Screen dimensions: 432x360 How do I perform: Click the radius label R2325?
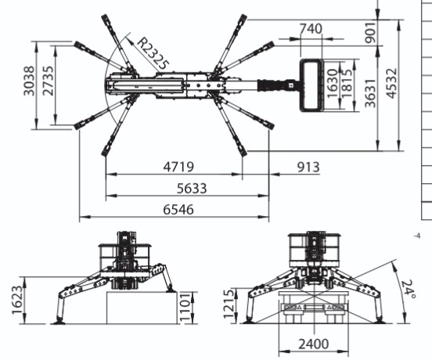click(x=153, y=53)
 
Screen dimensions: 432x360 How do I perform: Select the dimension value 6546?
click(x=178, y=210)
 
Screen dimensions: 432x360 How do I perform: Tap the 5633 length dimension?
click(x=192, y=189)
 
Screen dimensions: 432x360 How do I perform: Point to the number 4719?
click(x=178, y=167)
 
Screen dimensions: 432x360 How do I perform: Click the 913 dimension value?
click(x=308, y=167)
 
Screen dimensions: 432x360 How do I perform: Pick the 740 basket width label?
click(x=311, y=29)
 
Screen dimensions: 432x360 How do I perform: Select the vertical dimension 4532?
click(x=391, y=83)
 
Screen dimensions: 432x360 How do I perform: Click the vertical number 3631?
click(x=370, y=93)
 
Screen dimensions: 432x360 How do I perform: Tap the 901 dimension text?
click(x=370, y=33)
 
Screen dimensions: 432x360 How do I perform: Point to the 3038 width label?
click(x=29, y=81)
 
